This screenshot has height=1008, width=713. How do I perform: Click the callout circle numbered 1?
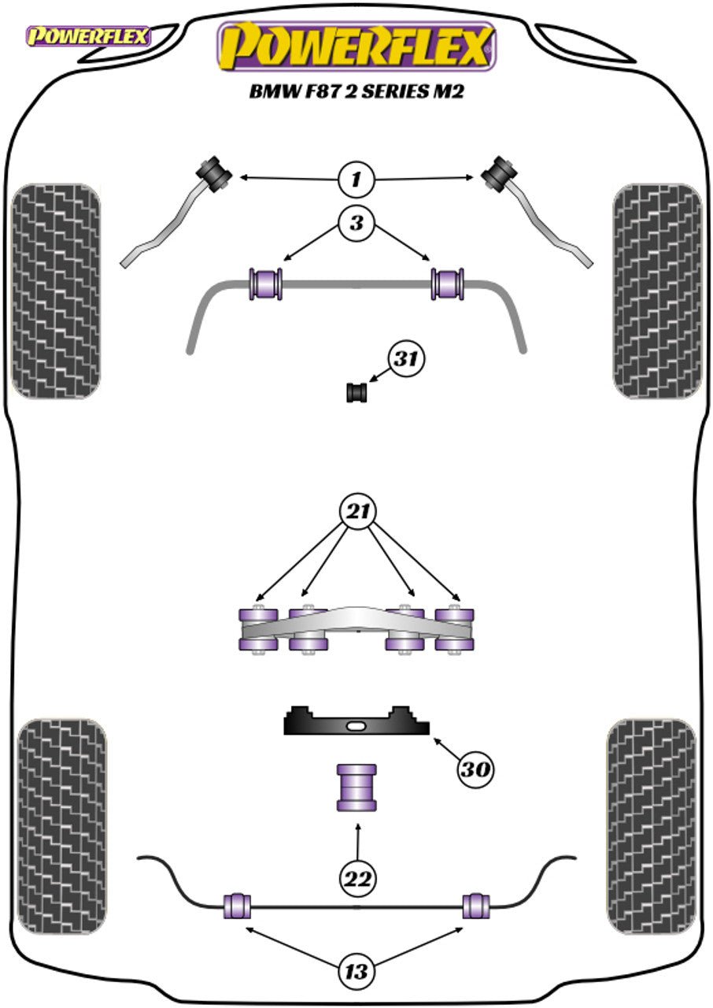click(356, 180)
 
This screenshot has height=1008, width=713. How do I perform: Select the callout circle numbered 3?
click(356, 223)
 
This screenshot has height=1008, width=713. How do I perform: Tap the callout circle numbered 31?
click(406, 358)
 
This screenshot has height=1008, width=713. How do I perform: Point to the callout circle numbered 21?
click(358, 512)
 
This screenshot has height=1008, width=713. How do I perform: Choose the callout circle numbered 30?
click(475, 769)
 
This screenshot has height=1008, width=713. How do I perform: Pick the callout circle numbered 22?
click(358, 878)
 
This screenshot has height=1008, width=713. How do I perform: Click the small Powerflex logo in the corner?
click(89, 36)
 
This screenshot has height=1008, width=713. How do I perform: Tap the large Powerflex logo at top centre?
click(357, 47)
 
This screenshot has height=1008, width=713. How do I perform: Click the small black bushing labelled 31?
click(357, 392)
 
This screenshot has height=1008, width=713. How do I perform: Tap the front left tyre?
click(56, 291)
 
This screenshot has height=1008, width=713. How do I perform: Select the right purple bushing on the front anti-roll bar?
click(447, 283)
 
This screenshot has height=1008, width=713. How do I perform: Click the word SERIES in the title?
click(395, 92)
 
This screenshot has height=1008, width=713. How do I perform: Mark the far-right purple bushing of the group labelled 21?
click(455, 629)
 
